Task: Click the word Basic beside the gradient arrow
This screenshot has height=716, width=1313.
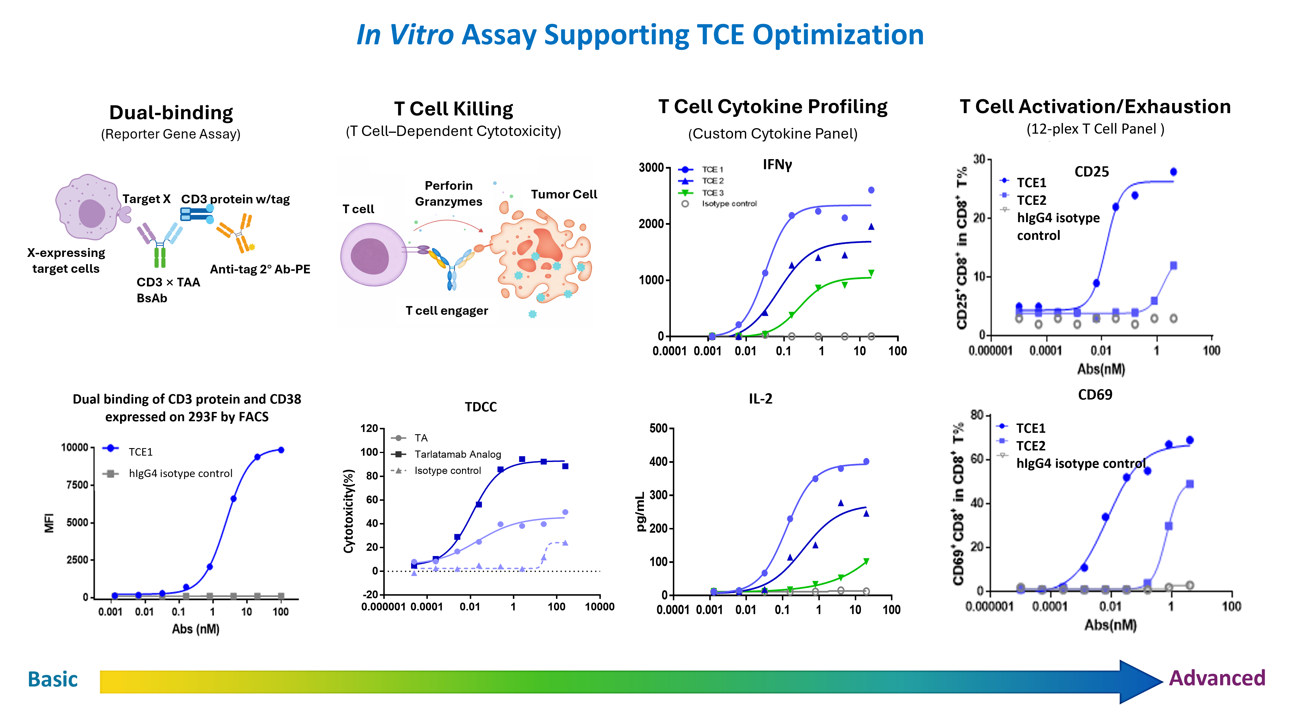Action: [52, 679]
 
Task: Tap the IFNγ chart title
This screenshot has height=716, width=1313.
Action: [777, 165]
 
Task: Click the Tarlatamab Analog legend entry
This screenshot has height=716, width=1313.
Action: [457, 454]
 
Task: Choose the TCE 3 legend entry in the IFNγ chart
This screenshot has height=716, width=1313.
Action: [712, 193]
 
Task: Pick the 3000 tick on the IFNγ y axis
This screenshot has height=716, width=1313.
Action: [651, 168]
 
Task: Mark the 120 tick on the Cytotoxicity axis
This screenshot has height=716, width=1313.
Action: [369, 428]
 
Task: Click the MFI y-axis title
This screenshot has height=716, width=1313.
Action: [49, 522]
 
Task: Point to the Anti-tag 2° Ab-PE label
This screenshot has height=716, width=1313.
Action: [260, 269]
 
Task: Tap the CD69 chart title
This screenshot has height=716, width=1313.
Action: [1095, 394]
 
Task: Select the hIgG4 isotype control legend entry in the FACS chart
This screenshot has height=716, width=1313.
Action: [181, 473]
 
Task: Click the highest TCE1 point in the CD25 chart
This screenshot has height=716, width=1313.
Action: [1173, 172]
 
